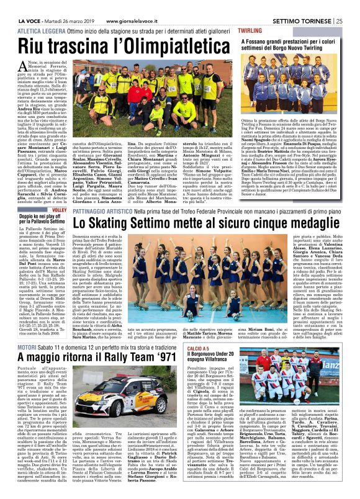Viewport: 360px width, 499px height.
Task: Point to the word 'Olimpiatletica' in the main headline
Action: click(x=160, y=47)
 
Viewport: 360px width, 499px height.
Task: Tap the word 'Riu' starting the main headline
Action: click(x=37, y=47)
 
